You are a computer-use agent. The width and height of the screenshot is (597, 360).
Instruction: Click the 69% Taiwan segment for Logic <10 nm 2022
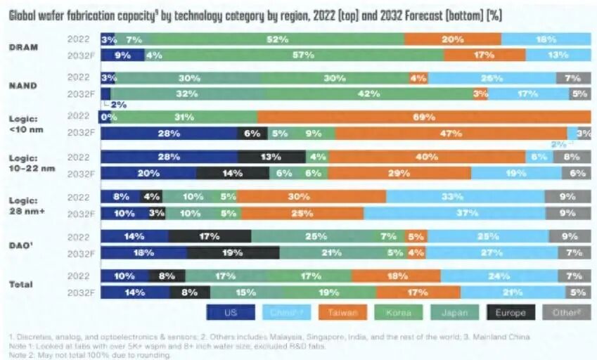tap(423, 117)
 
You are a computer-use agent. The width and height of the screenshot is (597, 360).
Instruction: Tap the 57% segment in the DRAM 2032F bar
tap(303, 54)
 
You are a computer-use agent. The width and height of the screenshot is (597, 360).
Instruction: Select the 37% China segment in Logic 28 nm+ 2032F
tap(461, 212)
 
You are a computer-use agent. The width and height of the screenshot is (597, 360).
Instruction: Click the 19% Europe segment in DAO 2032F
tap(233, 252)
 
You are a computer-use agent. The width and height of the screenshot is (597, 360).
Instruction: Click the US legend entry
tap(230, 312)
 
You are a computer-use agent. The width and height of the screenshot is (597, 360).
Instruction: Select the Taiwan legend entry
tap(342, 312)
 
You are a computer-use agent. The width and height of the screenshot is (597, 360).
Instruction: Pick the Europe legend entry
tap(511, 312)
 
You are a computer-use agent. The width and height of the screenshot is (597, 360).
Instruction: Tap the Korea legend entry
tap(399, 312)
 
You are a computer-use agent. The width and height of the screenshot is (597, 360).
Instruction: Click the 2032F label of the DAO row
tap(82, 252)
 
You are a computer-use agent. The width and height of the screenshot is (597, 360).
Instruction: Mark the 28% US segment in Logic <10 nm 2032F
tap(169, 132)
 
